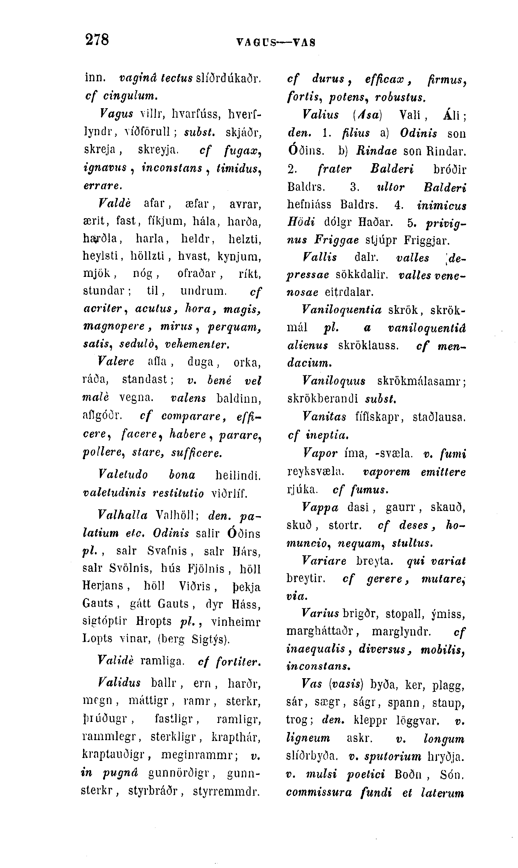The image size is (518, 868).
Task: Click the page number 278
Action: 97,39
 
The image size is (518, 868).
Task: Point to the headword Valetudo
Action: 123,475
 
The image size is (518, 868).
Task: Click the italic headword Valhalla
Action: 123,515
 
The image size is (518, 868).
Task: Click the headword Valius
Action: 320,115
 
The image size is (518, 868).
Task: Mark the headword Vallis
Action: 320,258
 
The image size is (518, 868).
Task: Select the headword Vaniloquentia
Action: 341,310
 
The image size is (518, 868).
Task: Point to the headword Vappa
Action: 320,507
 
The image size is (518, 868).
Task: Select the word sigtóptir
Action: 105,621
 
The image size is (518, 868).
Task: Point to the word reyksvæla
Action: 315,472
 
